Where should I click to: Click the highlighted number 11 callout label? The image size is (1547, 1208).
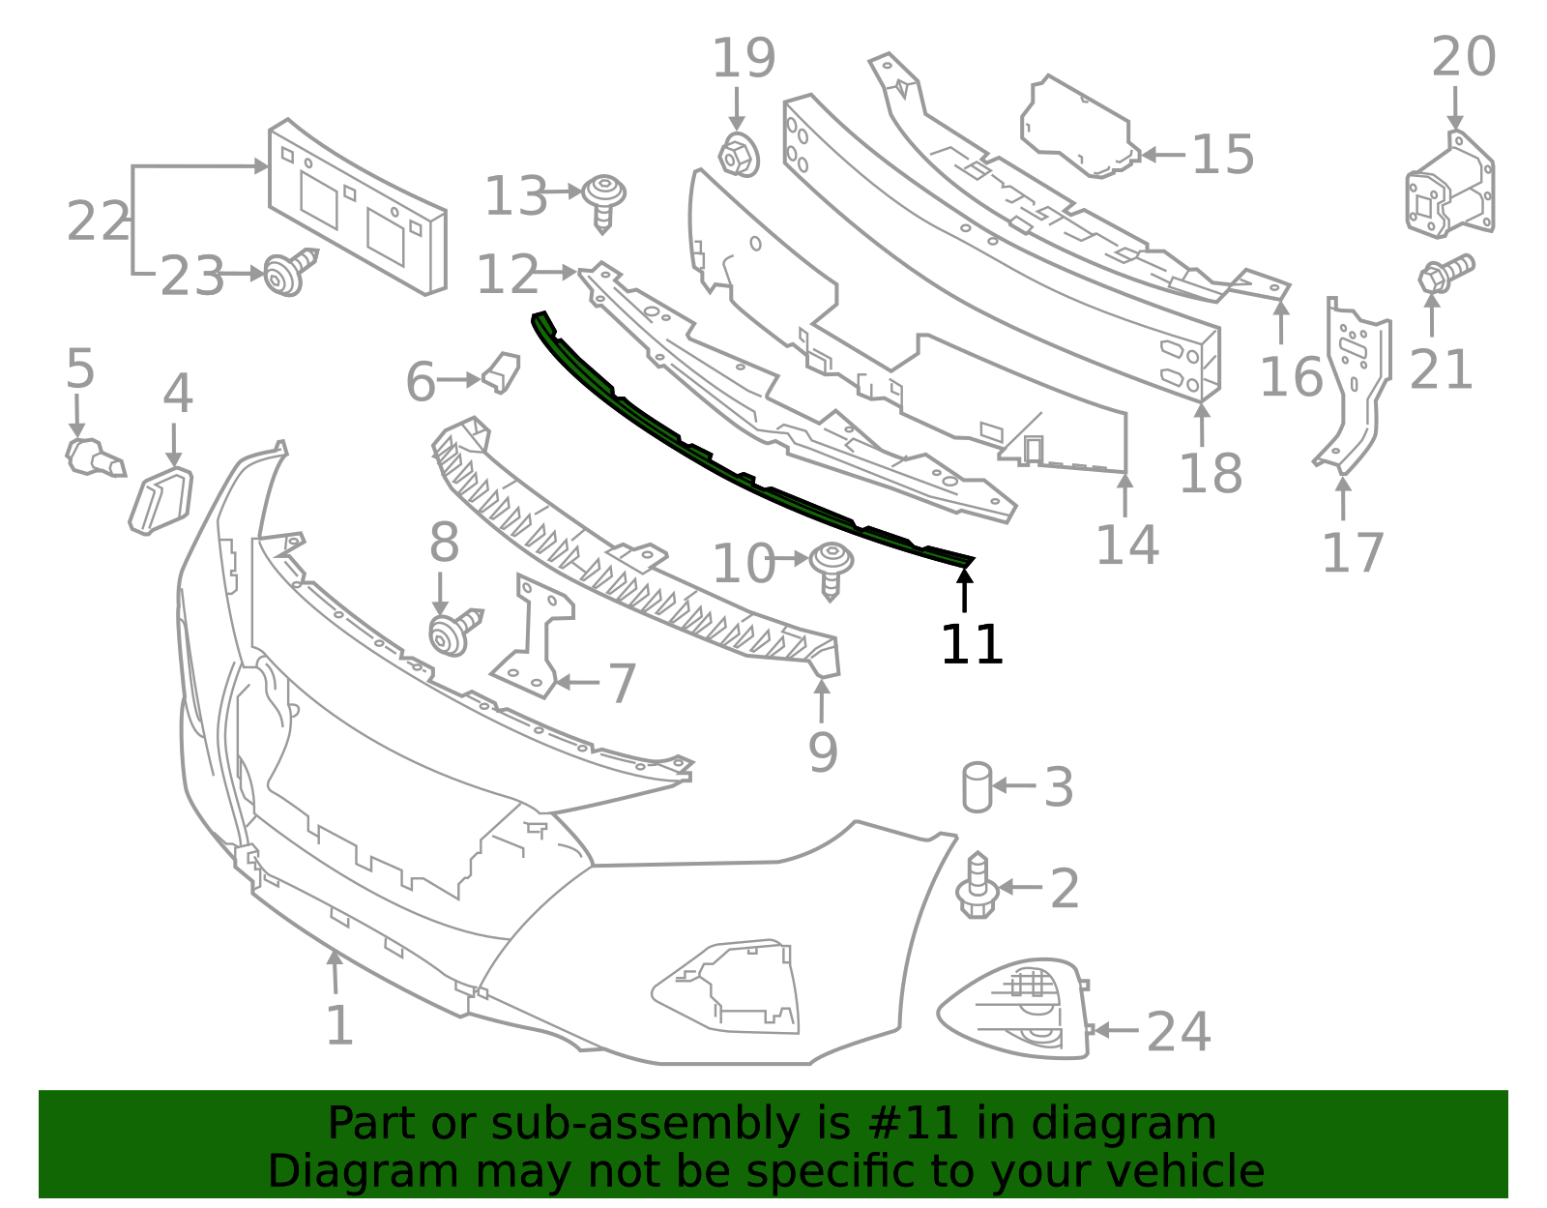(972, 644)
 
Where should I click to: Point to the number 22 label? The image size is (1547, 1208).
(98, 221)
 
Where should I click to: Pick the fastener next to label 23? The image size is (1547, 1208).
(291, 273)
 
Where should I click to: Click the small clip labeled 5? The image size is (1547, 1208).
(92, 457)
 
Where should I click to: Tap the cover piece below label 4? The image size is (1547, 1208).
(161, 499)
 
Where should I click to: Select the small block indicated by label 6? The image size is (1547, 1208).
(502, 371)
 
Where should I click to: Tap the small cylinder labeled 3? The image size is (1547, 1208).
(977, 786)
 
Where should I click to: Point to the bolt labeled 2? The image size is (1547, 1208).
(977, 887)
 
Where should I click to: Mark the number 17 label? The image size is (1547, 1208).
(1353, 553)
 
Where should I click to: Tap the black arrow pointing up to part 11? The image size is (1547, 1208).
(964, 590)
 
